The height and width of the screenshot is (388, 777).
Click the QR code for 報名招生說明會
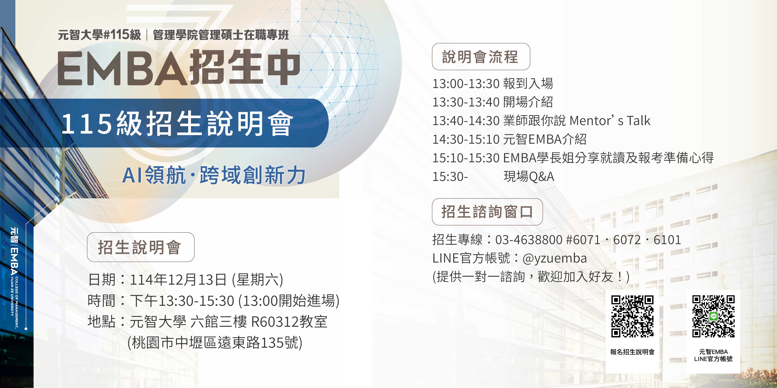(632, 316)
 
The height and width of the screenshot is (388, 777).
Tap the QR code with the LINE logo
(713, 316)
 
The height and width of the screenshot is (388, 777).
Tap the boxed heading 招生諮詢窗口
(487, 212)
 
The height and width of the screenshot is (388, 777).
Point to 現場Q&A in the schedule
(529, 176)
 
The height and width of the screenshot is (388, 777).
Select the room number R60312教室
(289, 321)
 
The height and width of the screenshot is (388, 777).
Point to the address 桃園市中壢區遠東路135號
(215, 342)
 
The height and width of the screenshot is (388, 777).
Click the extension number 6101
(667, 240)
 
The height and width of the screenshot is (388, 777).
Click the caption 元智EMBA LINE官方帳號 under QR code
(713, 355)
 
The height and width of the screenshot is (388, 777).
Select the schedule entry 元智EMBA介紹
(545, 139)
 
